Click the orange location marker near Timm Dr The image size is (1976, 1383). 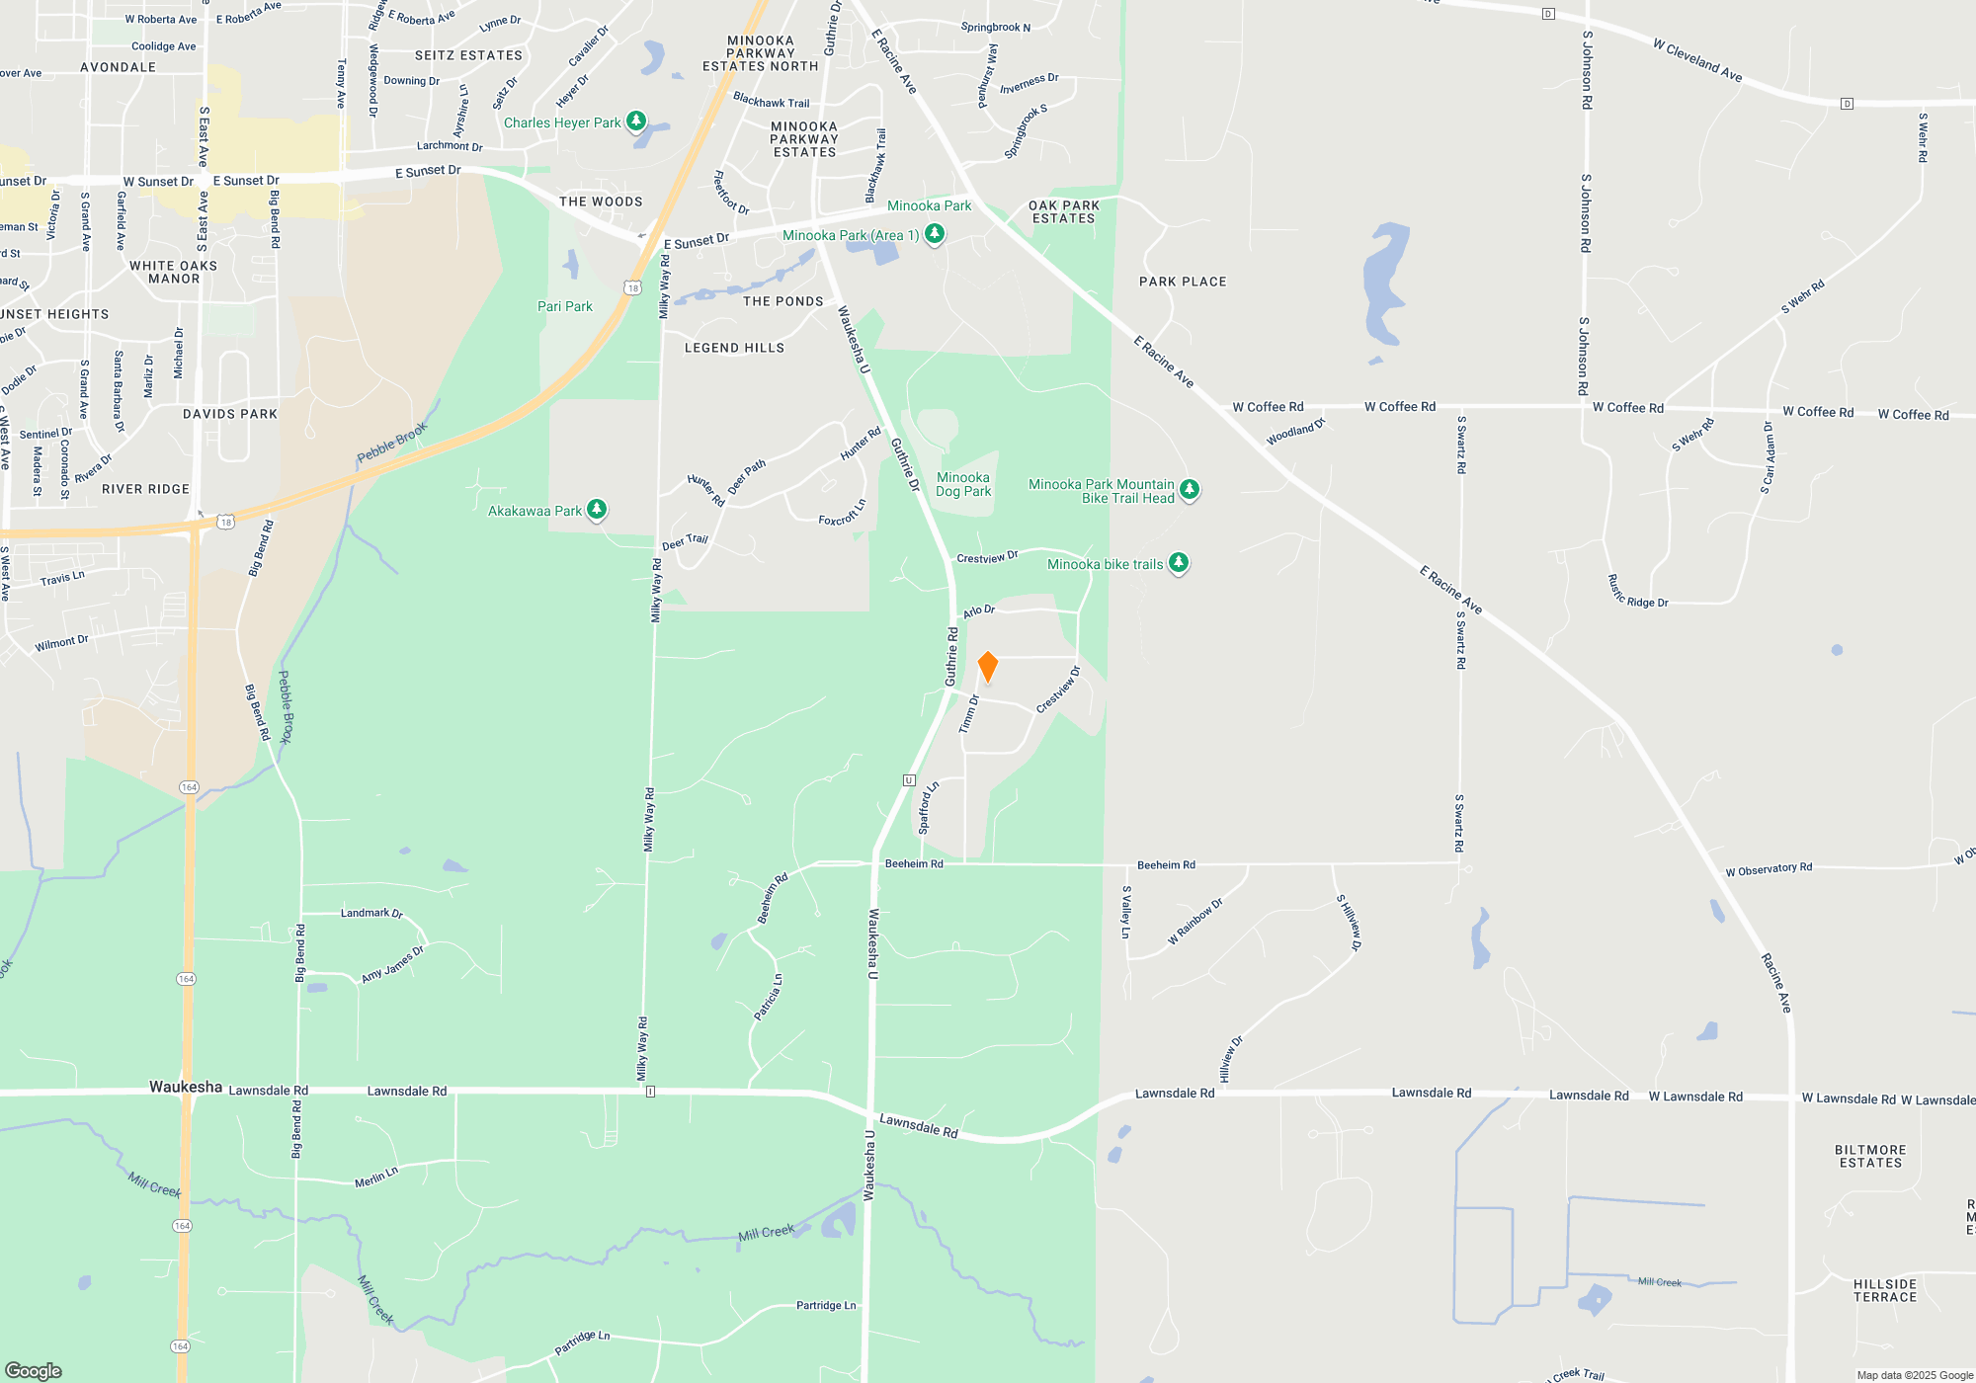point(987,666)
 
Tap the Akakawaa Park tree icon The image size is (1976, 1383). point(597,509)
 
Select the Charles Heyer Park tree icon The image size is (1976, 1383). point(636,121)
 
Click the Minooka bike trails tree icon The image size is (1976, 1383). point(1178,562)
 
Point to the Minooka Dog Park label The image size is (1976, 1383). point(963,484)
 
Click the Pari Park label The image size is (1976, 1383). point(565,306)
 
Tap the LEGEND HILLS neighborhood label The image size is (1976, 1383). point(734,348)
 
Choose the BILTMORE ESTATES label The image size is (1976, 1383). point(1870,1157)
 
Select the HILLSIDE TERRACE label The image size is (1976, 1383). point(1884,1290)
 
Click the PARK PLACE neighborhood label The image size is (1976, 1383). point(1183,282)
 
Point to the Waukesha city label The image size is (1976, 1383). point(186,1087)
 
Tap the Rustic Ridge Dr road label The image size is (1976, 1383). point(1637,593)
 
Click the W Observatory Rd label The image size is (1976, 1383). point(1769,869)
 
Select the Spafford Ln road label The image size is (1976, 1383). point(928,808)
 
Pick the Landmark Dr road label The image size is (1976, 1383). point(371,913)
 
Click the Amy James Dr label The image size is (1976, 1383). point(392,964)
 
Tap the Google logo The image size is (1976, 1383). point(34,1370)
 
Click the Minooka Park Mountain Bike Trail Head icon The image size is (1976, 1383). point(1190,489)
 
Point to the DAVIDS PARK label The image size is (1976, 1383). point(230,414)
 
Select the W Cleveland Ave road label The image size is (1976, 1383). point(1697,59)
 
